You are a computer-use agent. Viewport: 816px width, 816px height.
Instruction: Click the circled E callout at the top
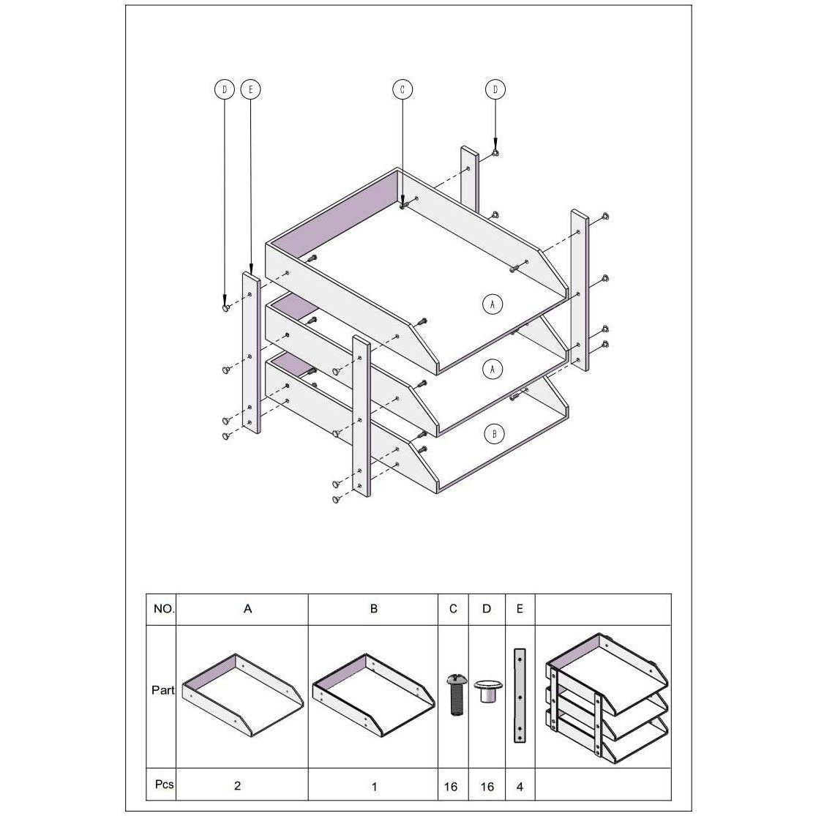click(251, 89)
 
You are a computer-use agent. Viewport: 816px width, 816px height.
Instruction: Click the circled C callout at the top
click(403, 89)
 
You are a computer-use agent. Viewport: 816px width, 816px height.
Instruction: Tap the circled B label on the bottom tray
click(494, 433)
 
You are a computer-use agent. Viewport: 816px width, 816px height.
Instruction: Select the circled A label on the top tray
click(493, 304)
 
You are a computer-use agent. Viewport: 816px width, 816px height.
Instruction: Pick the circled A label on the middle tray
click(493, 369)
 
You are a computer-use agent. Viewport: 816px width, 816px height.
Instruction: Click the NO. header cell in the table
click(164, 609)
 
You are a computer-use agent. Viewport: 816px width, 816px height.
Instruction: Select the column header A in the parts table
click(247, 609)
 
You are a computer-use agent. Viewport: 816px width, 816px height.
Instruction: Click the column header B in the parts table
click(374, 609)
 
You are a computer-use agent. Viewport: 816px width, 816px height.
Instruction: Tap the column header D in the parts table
click(487, 609)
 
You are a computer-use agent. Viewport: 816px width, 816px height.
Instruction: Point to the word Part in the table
click(163, 690)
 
